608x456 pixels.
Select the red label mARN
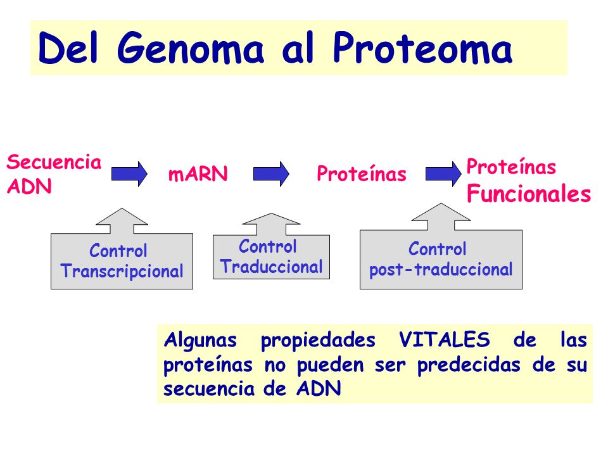pos(198,174)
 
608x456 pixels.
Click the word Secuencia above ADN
pos(54,161)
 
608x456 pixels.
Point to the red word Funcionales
pos(528,193)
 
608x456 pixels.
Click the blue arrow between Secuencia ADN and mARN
pos(129,174)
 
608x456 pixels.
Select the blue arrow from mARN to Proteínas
pos(271,174)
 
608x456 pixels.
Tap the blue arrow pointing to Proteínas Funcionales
pos(443,174)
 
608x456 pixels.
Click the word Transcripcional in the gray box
pos(122,272)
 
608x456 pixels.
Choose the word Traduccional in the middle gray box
pos(272,267)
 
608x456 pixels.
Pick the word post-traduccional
pos(441,270)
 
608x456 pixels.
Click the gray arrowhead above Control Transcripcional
pos(122,220)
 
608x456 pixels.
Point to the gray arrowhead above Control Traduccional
pos(272,222)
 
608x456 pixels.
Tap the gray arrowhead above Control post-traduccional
pos(441,215)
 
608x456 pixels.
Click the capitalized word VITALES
pos(445,339)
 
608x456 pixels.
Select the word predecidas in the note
pos(469,365)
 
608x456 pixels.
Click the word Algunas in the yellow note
pos(200,341)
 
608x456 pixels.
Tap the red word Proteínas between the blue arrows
pos(362,174)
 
